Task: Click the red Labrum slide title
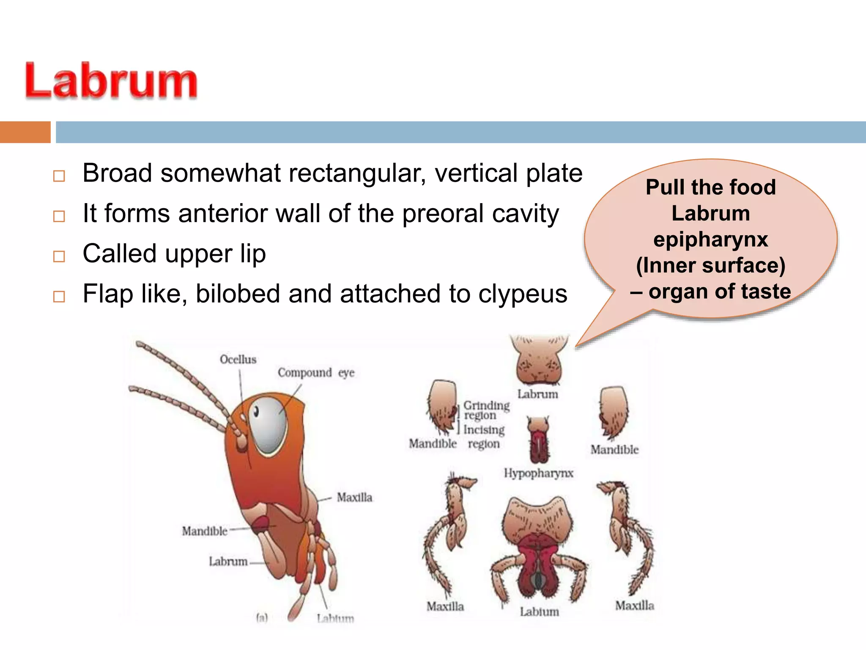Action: (111, 81)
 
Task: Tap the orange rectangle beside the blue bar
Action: (25, 132)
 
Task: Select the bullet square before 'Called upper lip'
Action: (59, 256)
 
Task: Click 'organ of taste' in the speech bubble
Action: (719, 292)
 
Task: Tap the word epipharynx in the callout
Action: (710, 240)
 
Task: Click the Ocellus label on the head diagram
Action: (238, 360)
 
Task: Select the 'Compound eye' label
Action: (316, 373)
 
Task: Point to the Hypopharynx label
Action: (538, 473)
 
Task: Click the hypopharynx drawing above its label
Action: (538, 440)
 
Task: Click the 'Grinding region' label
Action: (486, 410)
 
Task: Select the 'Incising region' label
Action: (484, 436)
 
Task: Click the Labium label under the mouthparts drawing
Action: (539, 612)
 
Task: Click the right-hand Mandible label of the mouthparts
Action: (614, 450)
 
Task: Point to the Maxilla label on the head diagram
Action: (354, 498)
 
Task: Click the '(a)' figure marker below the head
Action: (262, 618)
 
